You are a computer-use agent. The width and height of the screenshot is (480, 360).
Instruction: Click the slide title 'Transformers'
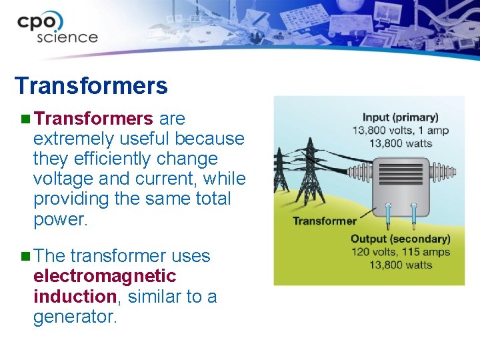[x=91, y=86]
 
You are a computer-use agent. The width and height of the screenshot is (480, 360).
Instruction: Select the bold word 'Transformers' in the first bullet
[x=93, y=119]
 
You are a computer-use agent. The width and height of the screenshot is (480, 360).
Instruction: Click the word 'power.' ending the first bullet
[x=60, y=219]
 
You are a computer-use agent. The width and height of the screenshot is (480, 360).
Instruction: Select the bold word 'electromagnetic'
[x=105, y=276]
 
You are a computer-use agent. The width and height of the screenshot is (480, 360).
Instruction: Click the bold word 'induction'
[x=75, y=296]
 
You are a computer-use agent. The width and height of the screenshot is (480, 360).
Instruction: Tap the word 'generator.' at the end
[x=75, y=316]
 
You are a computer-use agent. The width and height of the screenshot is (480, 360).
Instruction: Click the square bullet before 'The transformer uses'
[x=25, y=256]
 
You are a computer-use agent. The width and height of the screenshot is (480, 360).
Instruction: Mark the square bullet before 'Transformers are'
[x=25, y=119]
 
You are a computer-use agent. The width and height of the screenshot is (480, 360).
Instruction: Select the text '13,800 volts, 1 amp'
[x=400, y=130]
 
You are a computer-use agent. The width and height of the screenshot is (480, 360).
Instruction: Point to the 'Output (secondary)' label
[x=400, y=239]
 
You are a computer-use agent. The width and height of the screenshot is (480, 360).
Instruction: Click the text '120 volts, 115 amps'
[x=400, y=252]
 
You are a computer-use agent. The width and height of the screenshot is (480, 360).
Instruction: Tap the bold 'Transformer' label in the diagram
[x=325, y=221]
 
